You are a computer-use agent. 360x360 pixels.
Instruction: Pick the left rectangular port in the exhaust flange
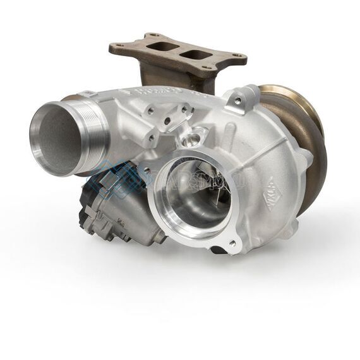click(157, 46)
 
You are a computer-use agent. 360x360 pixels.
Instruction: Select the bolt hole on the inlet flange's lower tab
click(232, 243)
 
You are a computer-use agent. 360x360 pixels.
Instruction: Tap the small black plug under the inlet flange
click(218, 249)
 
